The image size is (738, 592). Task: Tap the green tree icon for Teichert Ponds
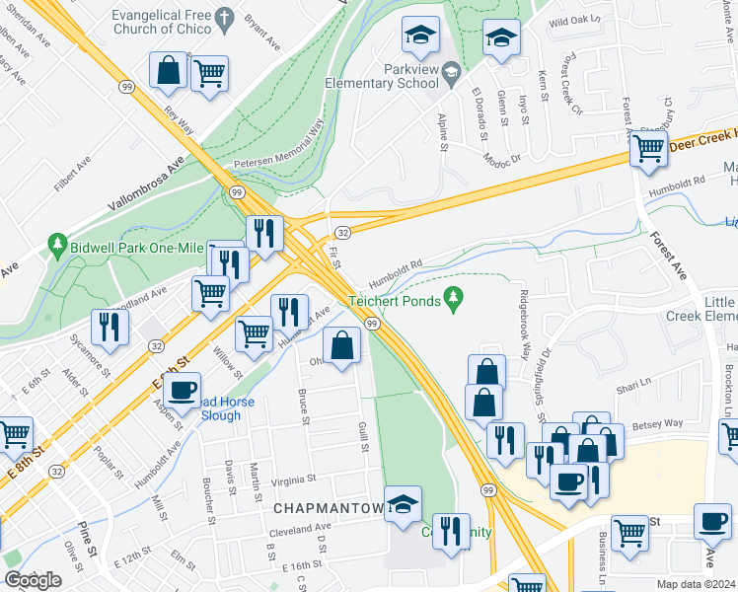454,295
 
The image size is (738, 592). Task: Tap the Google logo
33,580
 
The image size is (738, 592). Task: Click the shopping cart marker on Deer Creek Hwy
648,150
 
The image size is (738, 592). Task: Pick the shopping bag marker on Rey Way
169,69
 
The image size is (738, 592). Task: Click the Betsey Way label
660,422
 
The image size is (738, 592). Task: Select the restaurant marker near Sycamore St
109,328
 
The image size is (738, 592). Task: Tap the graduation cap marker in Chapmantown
403,504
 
